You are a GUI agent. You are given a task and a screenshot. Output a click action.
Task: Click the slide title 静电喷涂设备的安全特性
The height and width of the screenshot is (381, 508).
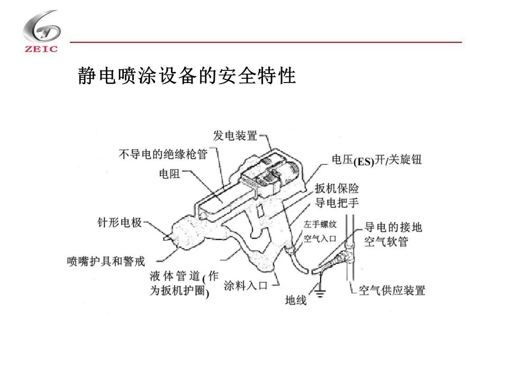(x=186, y=76)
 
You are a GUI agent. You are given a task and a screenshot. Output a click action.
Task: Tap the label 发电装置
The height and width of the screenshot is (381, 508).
(x=235, y=136)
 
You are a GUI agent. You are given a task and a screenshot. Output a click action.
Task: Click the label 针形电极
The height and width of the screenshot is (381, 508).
(x=120, y=223)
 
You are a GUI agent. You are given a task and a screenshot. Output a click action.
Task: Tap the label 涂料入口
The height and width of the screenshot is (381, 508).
(x=246, y=286)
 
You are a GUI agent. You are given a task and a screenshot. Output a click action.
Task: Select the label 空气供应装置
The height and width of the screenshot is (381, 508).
(x=392, y=291)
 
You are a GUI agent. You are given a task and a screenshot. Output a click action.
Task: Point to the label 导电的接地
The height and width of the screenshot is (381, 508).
(x=393, y=228)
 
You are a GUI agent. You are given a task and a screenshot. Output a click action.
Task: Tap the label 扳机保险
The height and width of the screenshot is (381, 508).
(x=337, y=188)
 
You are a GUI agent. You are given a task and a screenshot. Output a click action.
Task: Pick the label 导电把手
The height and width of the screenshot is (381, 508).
(x=337, y=203)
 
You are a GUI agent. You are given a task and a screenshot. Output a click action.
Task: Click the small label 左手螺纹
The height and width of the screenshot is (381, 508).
(x=320, y=225)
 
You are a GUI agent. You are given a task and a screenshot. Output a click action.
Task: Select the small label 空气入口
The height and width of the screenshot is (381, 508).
(x=320, y=239)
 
